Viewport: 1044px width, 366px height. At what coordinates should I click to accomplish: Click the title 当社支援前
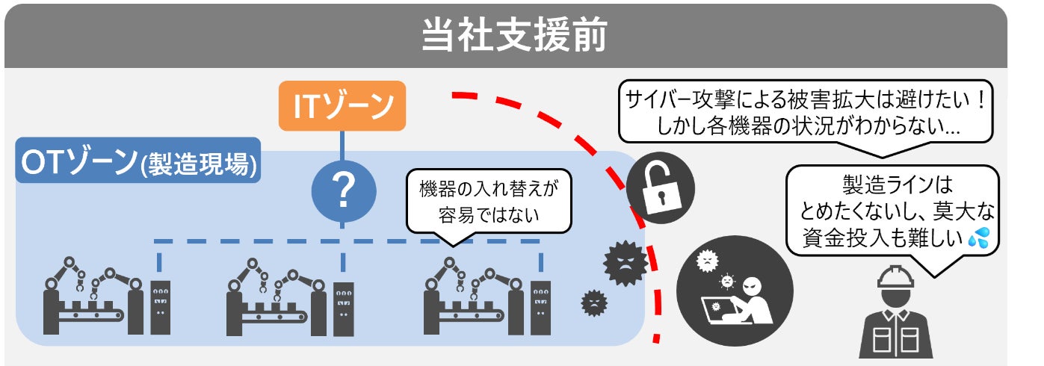coord(514,34)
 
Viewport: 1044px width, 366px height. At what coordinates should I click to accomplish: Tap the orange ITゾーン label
coord(342,106)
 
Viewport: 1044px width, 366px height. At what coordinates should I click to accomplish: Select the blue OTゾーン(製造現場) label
coord(138,160)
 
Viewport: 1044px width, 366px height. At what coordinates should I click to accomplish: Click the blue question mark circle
coord(344,191)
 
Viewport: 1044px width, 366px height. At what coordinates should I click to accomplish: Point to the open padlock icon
coord(660,187)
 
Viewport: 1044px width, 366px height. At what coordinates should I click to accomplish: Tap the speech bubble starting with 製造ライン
coord(893,212)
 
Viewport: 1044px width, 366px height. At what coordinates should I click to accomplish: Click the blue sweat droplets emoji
coord(979,237)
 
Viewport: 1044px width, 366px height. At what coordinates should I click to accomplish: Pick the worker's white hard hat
coord(895,278)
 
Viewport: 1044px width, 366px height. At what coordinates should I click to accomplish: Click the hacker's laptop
coord(720,311)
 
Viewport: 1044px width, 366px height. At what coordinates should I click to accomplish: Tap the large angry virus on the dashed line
coord(625,263)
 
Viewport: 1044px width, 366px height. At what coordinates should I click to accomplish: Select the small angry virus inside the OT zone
coord(594,303)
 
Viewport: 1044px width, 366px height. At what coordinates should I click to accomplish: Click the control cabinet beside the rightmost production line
coord(540,308)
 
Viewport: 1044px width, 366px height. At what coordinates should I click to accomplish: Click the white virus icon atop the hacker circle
coord(707,259)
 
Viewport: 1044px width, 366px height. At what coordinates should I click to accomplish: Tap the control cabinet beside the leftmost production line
coord(161,307)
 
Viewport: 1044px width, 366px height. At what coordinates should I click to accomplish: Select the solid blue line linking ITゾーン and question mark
coord(342,146)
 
